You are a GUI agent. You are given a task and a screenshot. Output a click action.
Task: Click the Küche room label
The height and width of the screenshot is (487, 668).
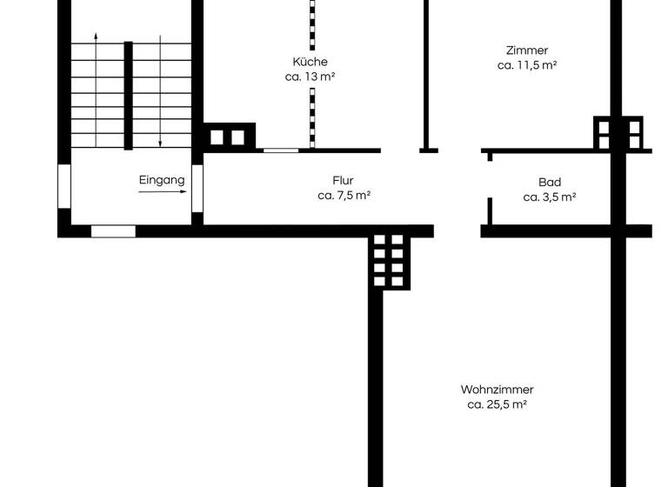pos(310,62)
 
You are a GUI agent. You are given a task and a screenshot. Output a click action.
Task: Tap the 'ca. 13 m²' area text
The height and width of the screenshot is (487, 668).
pos(310,77)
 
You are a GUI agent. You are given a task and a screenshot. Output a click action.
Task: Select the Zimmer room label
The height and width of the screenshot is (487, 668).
pos(527,50)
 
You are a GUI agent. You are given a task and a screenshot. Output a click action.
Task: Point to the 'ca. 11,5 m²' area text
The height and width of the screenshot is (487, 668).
pos(527,65)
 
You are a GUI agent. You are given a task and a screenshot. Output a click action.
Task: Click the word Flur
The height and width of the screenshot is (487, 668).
pos(343,181)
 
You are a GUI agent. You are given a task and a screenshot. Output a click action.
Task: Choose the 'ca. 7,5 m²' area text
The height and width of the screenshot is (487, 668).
pos(344,196)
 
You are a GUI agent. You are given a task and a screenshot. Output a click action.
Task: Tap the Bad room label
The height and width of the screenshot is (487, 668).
pos(550,183)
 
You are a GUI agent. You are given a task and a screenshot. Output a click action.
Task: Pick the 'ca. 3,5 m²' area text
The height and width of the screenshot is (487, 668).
pos(550,197)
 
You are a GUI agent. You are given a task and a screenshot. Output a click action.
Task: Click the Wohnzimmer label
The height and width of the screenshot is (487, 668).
pos(497,390)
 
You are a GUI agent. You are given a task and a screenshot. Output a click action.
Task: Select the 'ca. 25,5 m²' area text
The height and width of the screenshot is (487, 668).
pos(497,404)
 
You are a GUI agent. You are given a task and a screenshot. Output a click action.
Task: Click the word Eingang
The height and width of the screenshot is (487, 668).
pos(162,180)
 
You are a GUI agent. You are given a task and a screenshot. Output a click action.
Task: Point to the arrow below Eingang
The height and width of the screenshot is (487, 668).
pos(162,192)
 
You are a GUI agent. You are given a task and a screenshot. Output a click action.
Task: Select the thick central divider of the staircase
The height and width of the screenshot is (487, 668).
pos(128,96)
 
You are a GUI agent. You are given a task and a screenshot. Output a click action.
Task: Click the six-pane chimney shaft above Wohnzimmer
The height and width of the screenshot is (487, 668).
pos(389,259)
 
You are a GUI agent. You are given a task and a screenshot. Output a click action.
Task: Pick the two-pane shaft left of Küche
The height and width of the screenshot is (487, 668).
pos(228,137)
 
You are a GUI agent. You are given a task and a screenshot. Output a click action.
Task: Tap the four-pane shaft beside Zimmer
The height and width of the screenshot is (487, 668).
pos(618,133)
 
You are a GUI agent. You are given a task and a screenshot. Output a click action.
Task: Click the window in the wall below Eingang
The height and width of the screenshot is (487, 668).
pos(113,231)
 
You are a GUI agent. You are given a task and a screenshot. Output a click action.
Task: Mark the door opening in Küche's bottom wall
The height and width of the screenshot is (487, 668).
pos(280,150)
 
